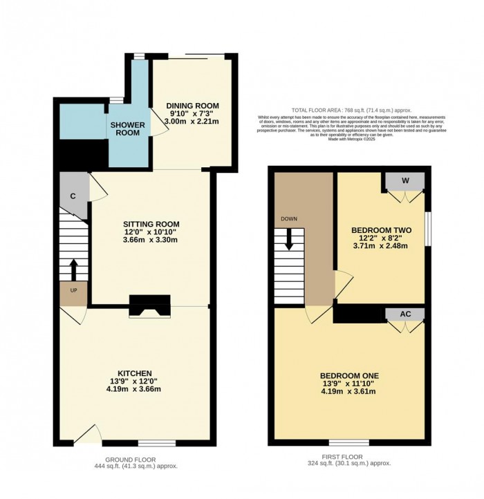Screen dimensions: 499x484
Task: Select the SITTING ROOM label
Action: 151,225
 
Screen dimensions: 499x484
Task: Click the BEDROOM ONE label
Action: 350,375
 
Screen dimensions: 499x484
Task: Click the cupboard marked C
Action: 73,196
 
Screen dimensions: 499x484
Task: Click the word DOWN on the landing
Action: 289,219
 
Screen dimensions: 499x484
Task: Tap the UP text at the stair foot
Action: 73,290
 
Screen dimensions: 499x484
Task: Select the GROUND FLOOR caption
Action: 131,460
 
